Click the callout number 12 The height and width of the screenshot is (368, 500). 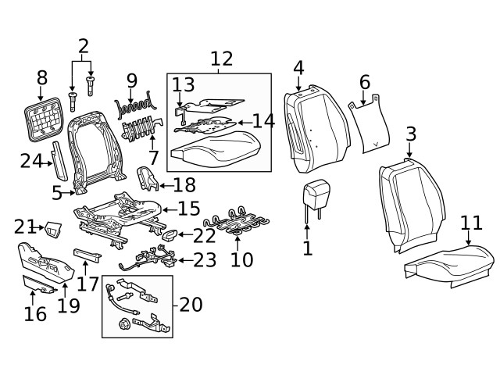(x=221, y=58)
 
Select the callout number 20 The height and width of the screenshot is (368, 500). (x=190, y=303)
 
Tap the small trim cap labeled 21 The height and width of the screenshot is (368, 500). (x=53, y=228)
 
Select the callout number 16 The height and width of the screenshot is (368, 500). (x=35, y=314)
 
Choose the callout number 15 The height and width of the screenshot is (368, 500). (x=189, y=209)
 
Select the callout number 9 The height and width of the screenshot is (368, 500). (x=131, y=80)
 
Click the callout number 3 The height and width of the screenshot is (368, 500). (x=410, y=134)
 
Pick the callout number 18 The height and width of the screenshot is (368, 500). (x=185, y=185)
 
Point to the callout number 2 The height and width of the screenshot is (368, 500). (x=83, y=47)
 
